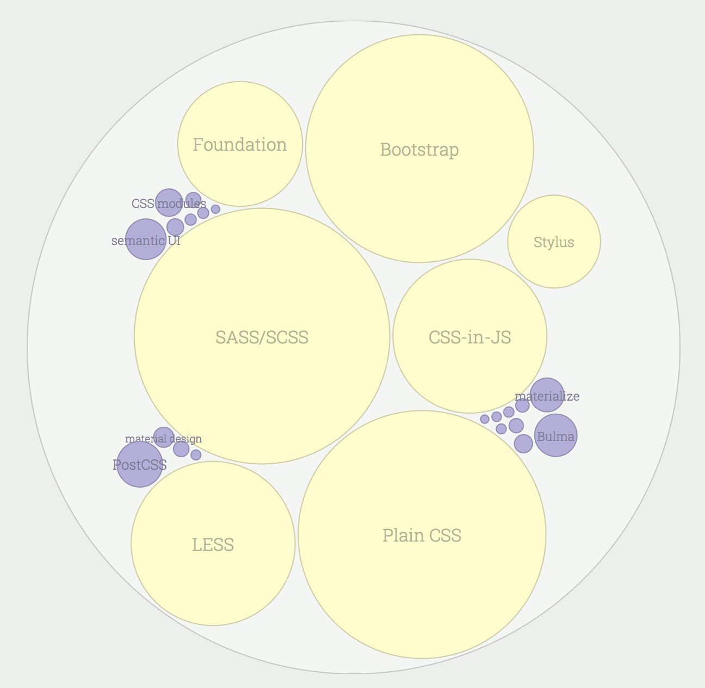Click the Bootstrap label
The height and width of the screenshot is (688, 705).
click(419, 150)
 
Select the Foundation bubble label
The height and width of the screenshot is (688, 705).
click(240, 145)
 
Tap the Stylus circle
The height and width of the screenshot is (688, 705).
click(554, 242)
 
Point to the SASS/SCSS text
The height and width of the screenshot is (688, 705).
click(262, 337)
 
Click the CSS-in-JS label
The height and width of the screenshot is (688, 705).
click(469, 337)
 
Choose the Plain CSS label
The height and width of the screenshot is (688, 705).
click(422, 536)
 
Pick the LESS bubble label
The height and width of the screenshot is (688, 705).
click(213, 545)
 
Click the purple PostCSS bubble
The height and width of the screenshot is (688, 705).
click(139, 464)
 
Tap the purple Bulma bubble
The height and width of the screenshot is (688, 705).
click(555, 435)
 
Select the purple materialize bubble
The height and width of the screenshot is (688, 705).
click(547, 395)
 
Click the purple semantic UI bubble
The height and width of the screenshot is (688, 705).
click(145, 239)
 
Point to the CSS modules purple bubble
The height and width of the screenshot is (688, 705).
click(169, 203)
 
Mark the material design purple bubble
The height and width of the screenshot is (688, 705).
click(163, 437)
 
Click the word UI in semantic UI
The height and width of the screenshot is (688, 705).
click(174, 241)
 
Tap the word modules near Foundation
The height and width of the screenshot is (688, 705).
click(182, 204)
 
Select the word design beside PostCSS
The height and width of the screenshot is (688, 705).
click(185, 439)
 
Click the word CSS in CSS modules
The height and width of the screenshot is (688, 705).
click(143, 204)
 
